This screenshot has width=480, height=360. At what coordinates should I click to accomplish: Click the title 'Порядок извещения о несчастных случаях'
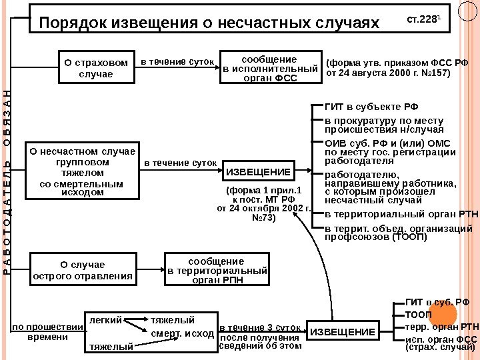coord(209,23)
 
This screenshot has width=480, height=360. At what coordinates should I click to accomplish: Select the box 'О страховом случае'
coord(95,67)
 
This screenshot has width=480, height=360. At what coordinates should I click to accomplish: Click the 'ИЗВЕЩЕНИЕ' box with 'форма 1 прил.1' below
coord(259,172)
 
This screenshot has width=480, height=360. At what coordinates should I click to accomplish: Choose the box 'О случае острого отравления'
coord(83,269)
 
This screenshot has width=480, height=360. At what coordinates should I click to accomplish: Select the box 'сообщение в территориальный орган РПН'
coord(216,270)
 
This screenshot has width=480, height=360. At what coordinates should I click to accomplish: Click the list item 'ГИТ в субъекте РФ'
coord(372,106)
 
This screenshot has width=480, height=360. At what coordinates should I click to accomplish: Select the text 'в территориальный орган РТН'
coord(401,214)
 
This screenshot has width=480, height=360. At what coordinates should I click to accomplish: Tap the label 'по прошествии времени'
coord(47,332)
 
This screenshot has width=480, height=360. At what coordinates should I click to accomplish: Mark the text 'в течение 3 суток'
coord(260,327)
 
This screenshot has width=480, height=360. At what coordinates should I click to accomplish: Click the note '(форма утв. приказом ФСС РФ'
coord(398,63)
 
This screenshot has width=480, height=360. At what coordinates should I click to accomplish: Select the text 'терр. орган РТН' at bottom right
coord(442,327)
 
